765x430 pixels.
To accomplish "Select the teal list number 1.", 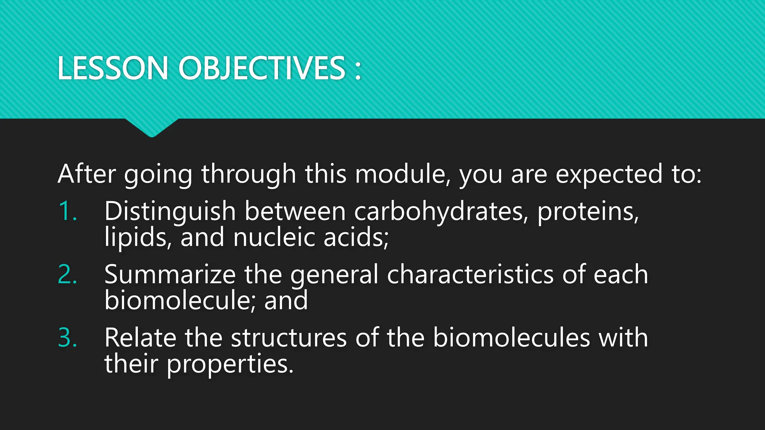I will (68, 211).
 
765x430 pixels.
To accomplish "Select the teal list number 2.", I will (68, 274).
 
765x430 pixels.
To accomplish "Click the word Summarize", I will (170, 275).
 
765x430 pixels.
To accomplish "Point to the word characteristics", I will (470, 275).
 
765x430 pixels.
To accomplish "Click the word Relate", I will (140, 338).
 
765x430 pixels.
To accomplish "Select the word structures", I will (289, 338).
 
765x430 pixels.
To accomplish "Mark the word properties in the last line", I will (230, 364).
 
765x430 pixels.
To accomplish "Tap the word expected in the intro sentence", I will (609, 175).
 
